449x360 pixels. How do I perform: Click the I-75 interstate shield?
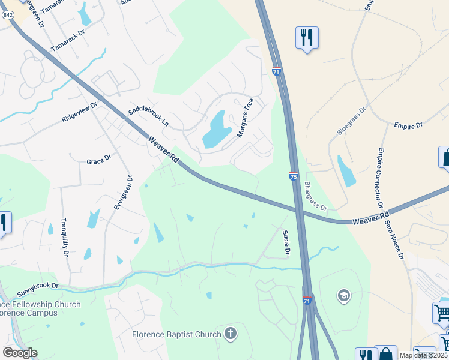[x=293, y=176]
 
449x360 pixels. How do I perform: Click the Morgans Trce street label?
[x=246, y=118]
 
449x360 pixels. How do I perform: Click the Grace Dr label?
[x=99, y=161]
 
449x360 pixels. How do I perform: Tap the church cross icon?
[x=231, y=333]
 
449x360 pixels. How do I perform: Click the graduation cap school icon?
[x=343, y=295]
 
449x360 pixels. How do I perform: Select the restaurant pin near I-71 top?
[x=307, y=37]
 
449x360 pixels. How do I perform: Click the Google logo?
[x=20, y=353]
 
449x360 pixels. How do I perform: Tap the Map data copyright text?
[x=422, y=355]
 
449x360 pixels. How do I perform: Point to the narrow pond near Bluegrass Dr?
[x=346, y=171]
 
